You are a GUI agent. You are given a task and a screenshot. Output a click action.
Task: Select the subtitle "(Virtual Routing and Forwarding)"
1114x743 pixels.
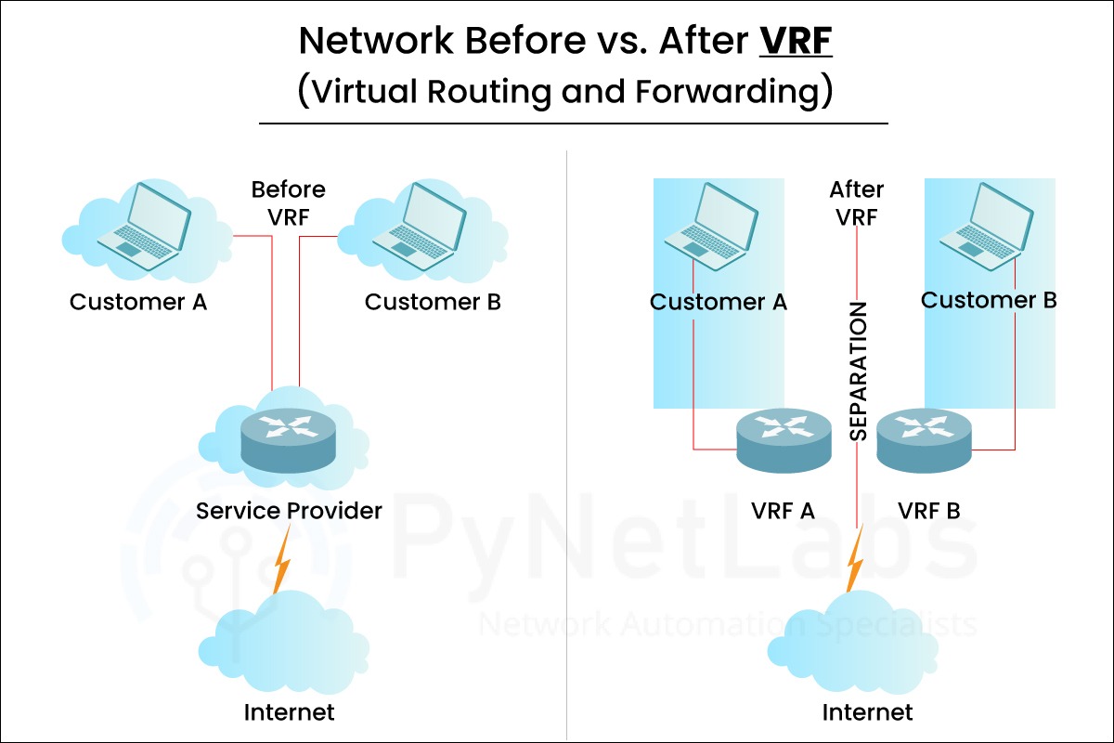click(564, 93)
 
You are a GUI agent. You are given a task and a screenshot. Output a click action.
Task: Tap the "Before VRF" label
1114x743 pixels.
click(289, 202)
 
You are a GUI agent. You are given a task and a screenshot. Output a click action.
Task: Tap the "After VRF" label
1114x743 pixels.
click(856, 202)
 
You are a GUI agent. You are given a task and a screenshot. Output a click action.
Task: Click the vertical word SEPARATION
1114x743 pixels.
click(859, 371)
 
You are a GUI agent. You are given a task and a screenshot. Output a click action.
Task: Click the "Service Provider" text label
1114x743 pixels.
click(289, 511)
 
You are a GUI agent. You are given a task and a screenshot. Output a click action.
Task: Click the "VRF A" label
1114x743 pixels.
click(782, 511)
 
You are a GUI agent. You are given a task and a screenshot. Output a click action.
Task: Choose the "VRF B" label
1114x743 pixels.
click(929, 511)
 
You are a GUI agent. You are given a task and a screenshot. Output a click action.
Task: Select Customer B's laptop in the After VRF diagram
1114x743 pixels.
click(985, 221)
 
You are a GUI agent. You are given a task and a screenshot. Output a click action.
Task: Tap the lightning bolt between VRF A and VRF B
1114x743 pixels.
click(855, 557)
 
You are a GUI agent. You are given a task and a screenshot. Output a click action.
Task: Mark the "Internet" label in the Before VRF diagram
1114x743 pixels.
click(289, 713)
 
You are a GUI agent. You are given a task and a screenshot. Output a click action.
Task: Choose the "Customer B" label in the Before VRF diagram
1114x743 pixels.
click(433, 302)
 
